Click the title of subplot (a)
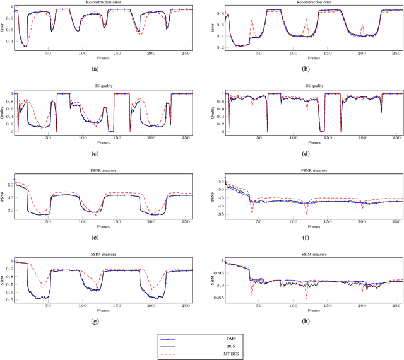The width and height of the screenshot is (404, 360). [x=103, y=3]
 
